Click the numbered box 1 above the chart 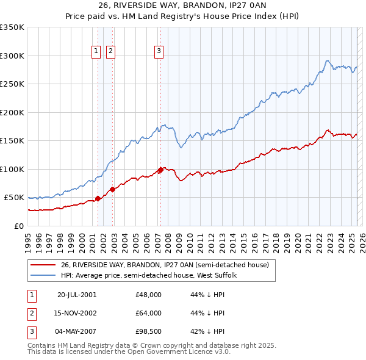(96, 52)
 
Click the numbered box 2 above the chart (110, 52)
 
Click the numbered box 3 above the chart (159, 52)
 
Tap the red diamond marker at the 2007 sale (160, 170)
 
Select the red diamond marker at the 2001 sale (98, 198)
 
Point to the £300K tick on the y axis (12, 56)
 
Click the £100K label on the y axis (12, 169)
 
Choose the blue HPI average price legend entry (152, 275)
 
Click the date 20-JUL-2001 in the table (76, 294)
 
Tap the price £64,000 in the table (148, 313)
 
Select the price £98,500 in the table (148, 332)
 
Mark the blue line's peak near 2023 (328, 60)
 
